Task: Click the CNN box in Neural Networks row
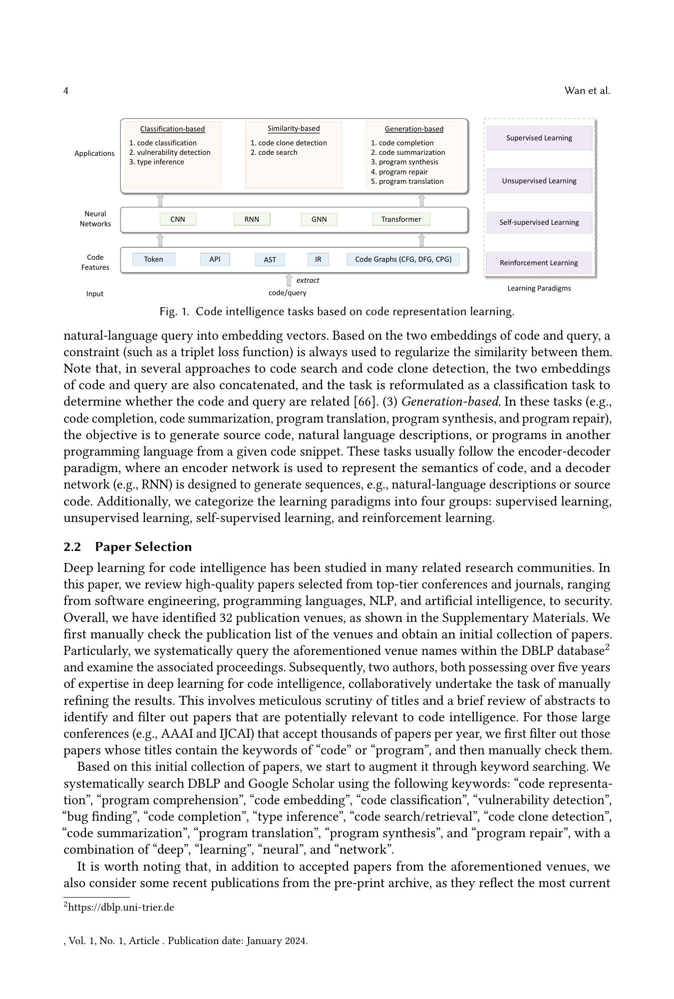coord(178,219)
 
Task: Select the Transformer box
coord(401,219)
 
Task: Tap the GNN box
coord(319,219)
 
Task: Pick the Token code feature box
coord(153,259)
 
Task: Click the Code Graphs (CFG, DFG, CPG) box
coord(403,259)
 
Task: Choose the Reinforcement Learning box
coord(539,263)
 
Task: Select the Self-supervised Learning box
coord(539,222)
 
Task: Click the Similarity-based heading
coord(294,129)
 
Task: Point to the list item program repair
coord(403,172)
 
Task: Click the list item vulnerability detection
coord(173,152)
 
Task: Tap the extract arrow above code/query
coord(288,280)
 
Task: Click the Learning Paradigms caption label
coord(539,288)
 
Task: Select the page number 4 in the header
coord(66,91)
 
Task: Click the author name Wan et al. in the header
coord(587,91)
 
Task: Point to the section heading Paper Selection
coord(143,547)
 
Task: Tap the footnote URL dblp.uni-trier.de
coord(121,908)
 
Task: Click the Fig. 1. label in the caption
coord(174,312)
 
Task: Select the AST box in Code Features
coord(270,260)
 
